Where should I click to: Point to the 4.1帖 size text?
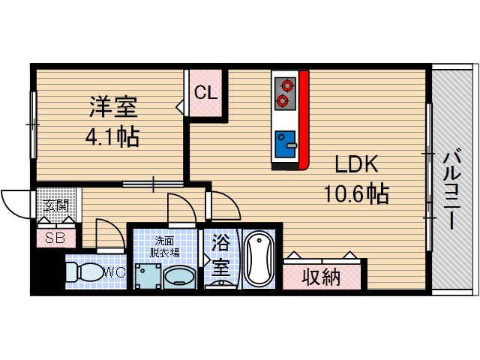[x=112, y=137]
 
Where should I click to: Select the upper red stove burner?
[x=283, y=85]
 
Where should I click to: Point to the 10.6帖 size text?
[x=355, y=194]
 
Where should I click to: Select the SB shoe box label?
[x=55, y=238]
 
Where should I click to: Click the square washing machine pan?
[x=147, y=275]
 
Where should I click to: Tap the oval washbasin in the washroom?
[x=181, y=277]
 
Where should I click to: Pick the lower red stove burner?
[x=283, y=100]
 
